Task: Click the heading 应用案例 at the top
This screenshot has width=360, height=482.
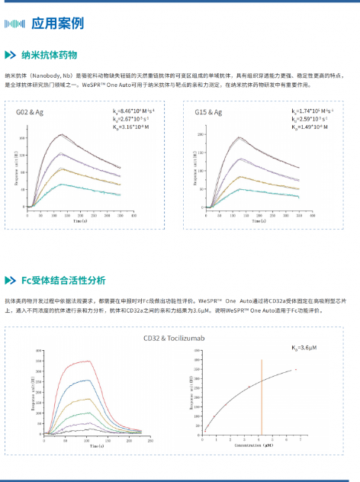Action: point(58,23)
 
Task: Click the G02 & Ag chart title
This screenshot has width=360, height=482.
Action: point(34,112)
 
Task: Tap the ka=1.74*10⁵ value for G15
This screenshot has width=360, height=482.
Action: point(313,112)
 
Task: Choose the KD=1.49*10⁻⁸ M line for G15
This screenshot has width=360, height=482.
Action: point(313,127)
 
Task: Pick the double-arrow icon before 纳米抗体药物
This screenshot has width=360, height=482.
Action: point(10,55)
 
